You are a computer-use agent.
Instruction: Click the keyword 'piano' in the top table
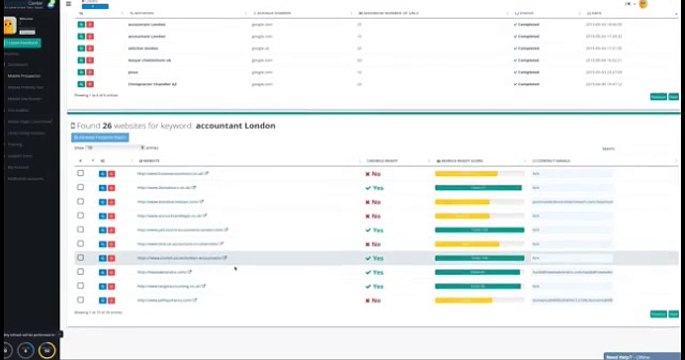coord(133,72)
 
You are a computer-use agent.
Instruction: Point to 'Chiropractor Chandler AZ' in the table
coord(153,84)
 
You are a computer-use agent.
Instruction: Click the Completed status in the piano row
coord(526,72)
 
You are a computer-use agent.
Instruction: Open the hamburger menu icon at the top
coord(69,4)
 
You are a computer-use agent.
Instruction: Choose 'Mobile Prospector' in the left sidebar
coord(24,75)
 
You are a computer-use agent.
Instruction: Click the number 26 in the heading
coord(106,126)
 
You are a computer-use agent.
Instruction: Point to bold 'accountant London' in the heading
coord(235,126)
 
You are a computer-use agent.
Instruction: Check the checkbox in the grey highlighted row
coord(81,258)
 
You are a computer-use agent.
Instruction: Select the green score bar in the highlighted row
coord(479,258)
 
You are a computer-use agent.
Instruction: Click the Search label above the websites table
coord(609,148)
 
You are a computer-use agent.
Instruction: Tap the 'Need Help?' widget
coord(625,356)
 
